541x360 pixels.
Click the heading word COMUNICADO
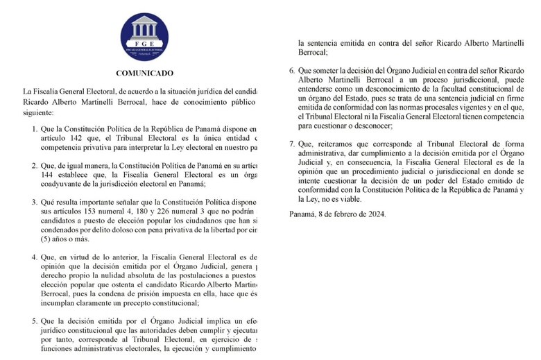(x=144, y=74)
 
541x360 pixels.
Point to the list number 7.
(x=292, y=144)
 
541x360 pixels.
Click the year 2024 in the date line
(x=375, y=214)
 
